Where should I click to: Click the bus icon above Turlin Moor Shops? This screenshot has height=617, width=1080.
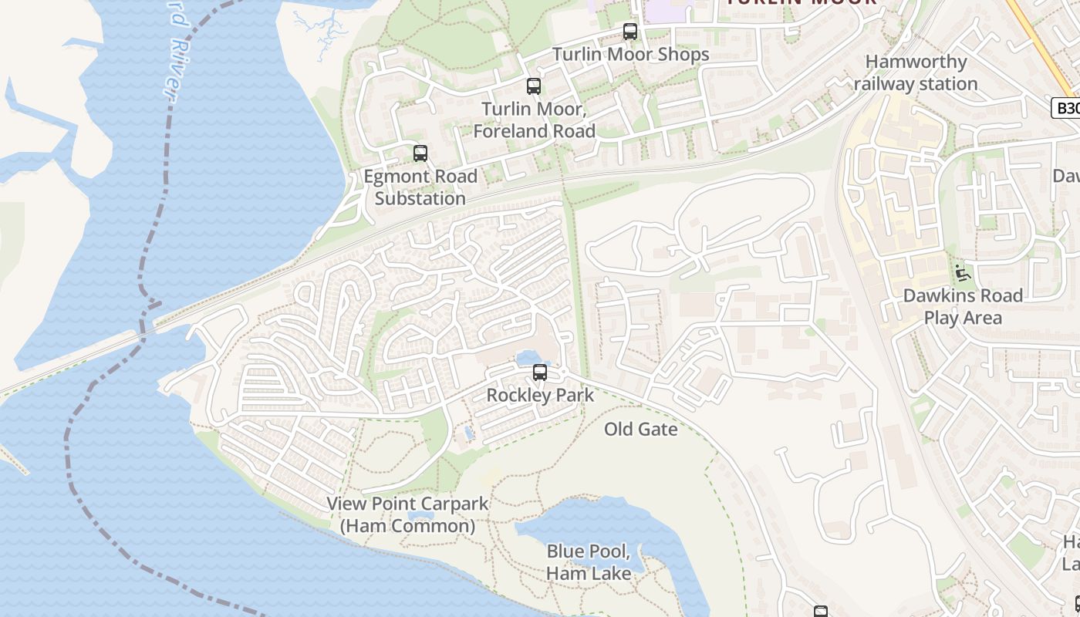[x=630, y=32]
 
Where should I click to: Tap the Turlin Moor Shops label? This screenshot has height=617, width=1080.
[x=630, y=55]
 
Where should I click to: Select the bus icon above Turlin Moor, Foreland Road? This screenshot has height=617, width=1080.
[x=533, y=86]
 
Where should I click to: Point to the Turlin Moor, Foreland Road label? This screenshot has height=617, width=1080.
[x=534, y=120]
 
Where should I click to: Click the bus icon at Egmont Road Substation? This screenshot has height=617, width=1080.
[x=420, y=153]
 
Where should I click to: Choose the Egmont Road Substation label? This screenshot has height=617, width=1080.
[x=420, y=187]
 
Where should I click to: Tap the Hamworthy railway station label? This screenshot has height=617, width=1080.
[x=916, y=72]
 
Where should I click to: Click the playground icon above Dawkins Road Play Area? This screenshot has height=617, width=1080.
[x=962, y=273]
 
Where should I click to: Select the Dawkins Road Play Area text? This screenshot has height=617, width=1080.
[x=963, y=306]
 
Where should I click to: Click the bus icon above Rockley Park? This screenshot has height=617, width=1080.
[x=540, y=373]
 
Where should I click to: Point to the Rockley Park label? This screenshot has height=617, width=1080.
[x=540, y=396]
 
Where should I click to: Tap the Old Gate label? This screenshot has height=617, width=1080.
[x=640, y=430]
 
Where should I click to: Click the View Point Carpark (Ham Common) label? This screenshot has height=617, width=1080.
[x=407, y=514]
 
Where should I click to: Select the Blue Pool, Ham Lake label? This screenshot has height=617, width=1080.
[x=589, y=562]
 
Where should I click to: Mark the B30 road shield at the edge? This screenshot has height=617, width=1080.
[x=1066, y=108]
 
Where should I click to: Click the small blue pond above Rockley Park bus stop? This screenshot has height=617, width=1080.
[x=527, y=357]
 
